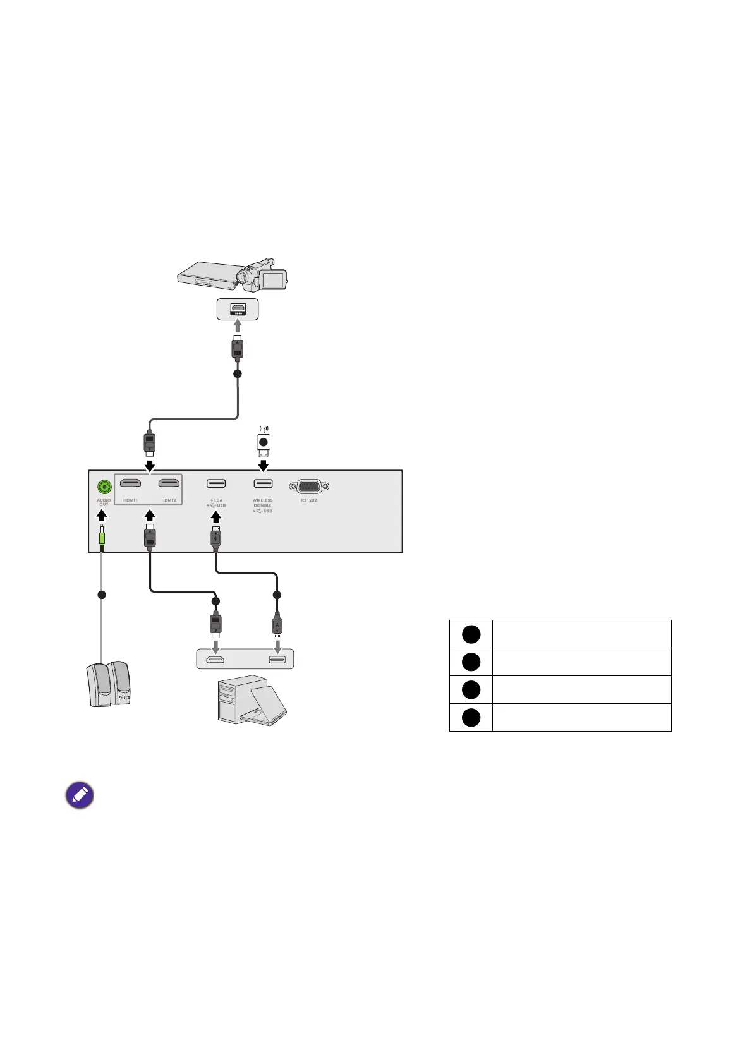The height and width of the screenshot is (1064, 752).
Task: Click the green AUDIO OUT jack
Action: [104, 487]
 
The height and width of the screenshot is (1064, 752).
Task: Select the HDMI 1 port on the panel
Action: [130, 483]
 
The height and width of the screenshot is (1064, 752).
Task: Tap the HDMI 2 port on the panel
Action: [169, 483]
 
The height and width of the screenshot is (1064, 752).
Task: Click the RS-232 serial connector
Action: [309, 487]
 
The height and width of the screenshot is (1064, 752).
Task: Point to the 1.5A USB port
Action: [216, 484]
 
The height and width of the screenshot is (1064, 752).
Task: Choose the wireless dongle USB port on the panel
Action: [263, 484]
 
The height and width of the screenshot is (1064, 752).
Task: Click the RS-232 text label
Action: [309, 500]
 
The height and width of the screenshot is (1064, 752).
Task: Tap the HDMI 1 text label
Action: [130, 500]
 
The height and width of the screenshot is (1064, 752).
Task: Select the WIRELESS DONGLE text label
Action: [262, 503]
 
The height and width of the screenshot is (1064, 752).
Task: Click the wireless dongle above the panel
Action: [264, 444]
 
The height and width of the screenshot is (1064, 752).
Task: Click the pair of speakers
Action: [108, 684]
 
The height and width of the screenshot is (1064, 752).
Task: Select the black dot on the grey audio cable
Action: [102, 595]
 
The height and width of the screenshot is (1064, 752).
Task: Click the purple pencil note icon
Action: [80, 795]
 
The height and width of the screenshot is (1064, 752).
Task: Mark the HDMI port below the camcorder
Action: [238, 309]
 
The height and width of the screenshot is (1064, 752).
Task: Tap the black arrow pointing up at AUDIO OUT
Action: [102, 514]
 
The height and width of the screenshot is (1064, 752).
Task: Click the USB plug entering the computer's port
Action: [277, 626]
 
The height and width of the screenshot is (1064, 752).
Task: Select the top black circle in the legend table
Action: [471, 634]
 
